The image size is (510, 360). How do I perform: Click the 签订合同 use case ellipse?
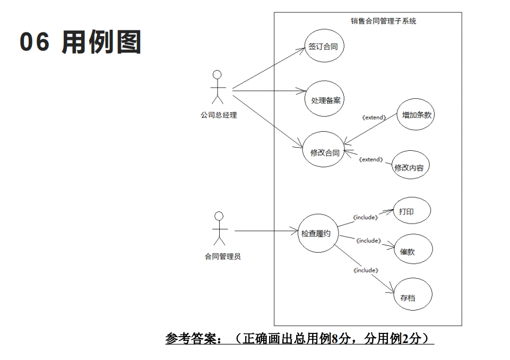[x=324, y=46]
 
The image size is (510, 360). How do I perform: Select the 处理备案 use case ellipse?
[x=325, y=99]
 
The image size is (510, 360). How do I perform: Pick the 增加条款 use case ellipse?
[x=416, y=114]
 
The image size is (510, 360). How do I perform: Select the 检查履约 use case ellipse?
[x=318, y=233]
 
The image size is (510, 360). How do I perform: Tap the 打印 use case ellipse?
[x=411, y=211]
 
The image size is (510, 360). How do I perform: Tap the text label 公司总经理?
[x=219, y=115]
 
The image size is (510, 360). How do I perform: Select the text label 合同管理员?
[x=223, y=256]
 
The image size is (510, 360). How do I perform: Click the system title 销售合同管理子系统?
[x=383, y=21]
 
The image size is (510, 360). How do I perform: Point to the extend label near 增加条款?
[x=374, y=117]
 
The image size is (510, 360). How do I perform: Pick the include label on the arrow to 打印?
[x=366, y=217]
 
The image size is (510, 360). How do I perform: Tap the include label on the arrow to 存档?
[x=366, y=270]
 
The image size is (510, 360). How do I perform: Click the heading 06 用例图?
[x=81, y=42]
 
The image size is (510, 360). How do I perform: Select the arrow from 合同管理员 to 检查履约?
[x=265, y=231]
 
